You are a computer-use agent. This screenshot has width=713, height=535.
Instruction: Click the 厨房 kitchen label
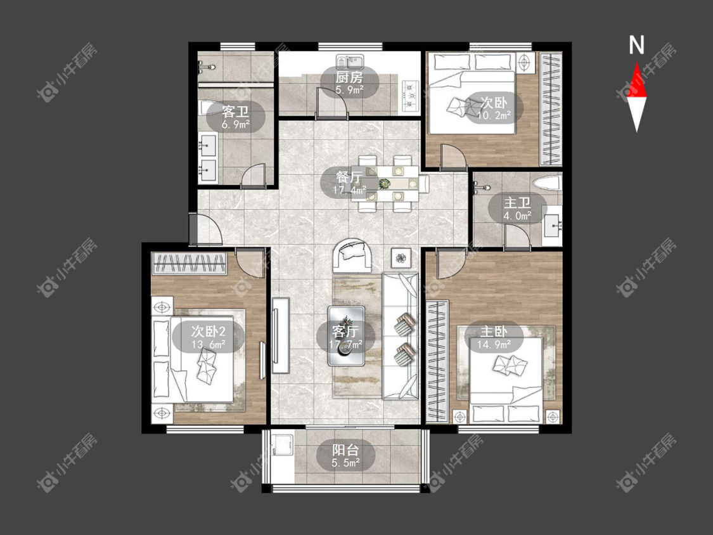pyautogui.click(x=349, y=77)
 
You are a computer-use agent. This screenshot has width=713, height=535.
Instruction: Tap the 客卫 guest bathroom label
pyautogui.click(x=235, y=111)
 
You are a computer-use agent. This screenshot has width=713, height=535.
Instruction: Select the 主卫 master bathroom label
pyautogui.click(x=517, y=202)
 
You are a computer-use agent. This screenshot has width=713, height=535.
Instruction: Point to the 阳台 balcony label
pyautogui.click(x=345, y=451)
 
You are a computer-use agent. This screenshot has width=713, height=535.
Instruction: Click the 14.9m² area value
pyautogui.click(x=493, y=344)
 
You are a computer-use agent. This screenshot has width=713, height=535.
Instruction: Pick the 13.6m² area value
pyautogui.click(x=209, y=344)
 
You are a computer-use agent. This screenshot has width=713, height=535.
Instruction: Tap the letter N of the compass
pyautogui.click(x=636, y=45)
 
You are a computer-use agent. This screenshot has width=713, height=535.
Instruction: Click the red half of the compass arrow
pyautogui.click(x=636, y=81)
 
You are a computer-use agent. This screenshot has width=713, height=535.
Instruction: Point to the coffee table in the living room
pyautogui.click(x=346, y=336)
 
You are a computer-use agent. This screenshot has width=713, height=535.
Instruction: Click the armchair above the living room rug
pyautogui.click(x=352, y=255)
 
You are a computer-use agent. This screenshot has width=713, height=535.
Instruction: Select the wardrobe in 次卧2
pyautogui.click(x=189, y=264)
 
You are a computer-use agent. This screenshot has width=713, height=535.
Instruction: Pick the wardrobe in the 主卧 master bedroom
pyautogui.click(x=437, y=359)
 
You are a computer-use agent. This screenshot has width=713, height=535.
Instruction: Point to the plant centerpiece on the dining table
pyautogui.click(x=385, y=183)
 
